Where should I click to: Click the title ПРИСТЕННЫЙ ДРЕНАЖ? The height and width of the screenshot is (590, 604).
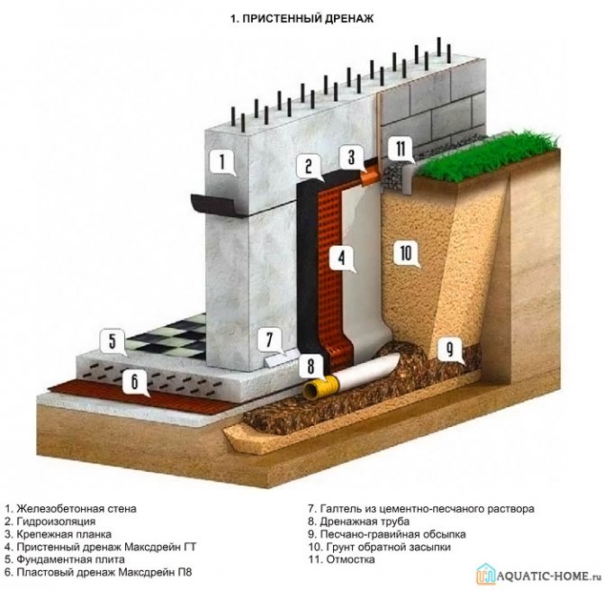coord(302,17)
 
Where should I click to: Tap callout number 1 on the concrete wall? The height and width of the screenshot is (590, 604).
coord(219,162)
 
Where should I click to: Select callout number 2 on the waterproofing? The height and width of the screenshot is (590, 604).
coord(308,166)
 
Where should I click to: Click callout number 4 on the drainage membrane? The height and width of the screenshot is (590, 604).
coord(341,259)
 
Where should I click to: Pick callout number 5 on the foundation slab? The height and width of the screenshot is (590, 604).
coord(113,341)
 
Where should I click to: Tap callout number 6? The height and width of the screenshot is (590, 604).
coord(134,383)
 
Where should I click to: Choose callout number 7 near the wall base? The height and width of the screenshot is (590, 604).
coord(267,341)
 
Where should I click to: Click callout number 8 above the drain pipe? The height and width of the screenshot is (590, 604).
coord(311,367)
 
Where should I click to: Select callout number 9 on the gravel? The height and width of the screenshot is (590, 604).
coord(447,348)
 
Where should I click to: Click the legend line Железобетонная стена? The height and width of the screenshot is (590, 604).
coord(71,508)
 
